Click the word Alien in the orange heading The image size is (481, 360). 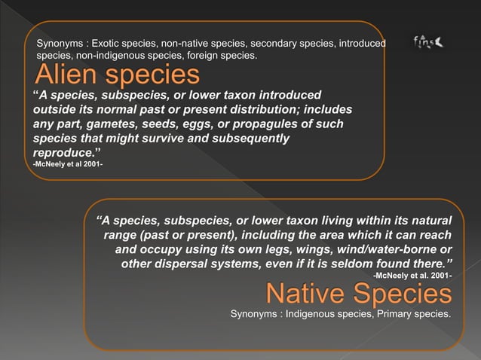pos(65,76)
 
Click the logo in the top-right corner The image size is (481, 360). pos(427,43)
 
